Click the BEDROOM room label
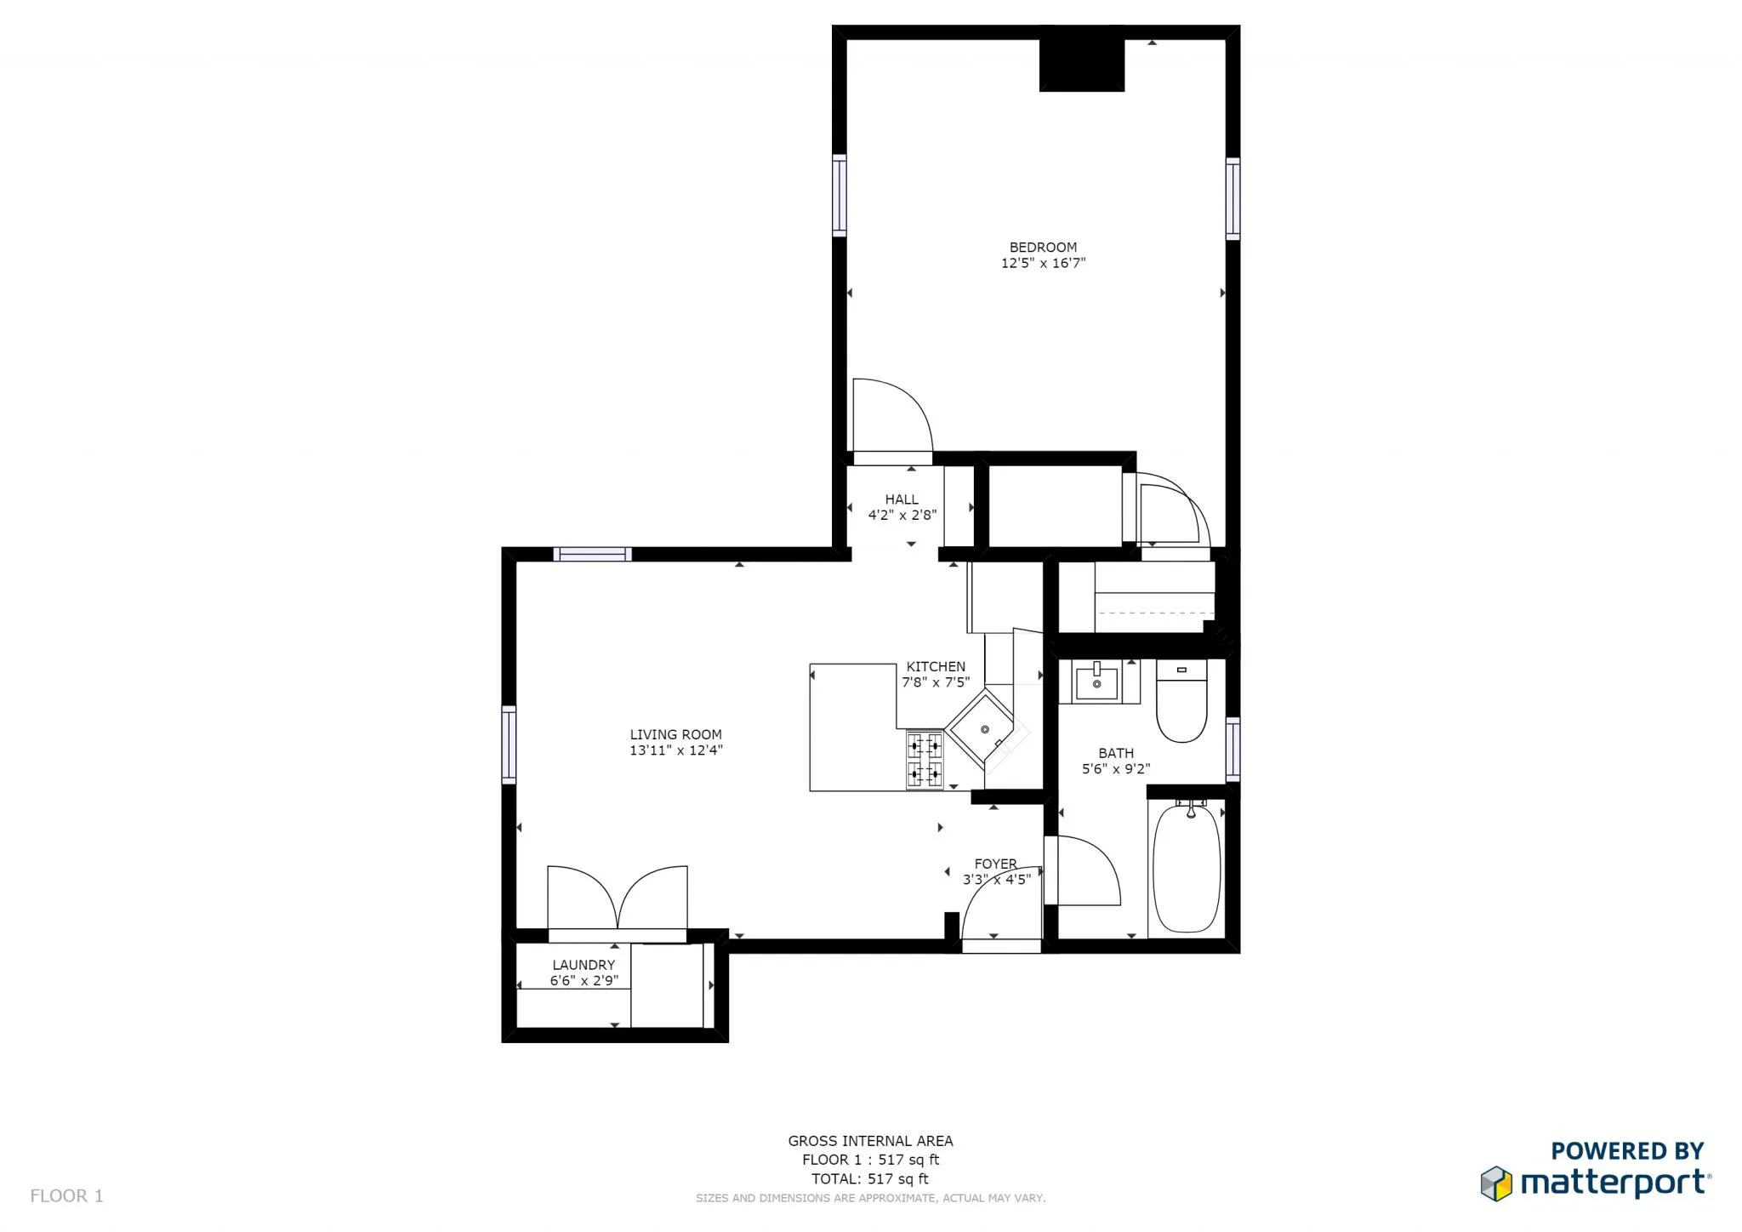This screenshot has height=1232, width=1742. point(1043,248)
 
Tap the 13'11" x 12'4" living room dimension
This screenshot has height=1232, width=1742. point(675,750)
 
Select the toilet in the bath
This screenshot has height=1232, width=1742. point(1181,702)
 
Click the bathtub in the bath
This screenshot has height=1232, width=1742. point(1187,868)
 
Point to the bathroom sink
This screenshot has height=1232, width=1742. point(1097,682)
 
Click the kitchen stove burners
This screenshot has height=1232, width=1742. point(925,760)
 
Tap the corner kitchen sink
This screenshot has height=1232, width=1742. point(983,730)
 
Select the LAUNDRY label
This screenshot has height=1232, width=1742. point(584,965)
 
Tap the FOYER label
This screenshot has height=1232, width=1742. point(995,864)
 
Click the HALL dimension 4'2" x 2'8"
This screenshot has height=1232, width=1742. point(902,515)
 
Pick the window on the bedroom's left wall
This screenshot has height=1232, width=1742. point(840,195)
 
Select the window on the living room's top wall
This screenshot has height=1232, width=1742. point(592,555)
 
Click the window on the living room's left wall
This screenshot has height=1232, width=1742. point(509,744)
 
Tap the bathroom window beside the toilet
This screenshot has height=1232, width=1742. point(1232,749)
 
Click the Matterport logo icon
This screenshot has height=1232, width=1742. point(1496,1184)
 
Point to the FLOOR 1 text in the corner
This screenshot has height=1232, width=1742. point(66,1195)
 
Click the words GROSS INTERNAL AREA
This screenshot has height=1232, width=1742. point(870,1141)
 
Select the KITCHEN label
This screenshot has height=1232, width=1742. point(936,667)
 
